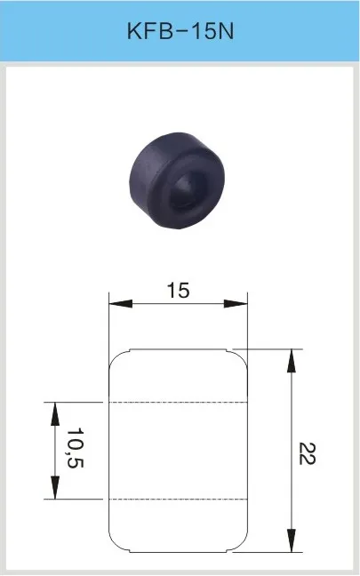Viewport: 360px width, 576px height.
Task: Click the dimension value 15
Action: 178,290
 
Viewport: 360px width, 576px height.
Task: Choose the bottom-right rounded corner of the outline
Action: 241,544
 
